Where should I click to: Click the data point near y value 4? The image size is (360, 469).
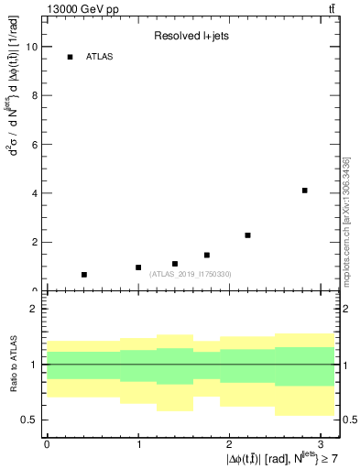(304, 191)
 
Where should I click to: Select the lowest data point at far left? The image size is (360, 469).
(83, 275)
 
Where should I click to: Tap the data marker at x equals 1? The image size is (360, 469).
(138, 267)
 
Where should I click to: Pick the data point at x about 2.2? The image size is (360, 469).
(247, 235)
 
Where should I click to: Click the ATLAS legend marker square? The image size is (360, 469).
(70, 57)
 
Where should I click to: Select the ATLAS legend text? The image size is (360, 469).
(100, 57)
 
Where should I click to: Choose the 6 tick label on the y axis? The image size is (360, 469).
(36, 145)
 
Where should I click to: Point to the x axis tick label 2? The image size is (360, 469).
(230, 443)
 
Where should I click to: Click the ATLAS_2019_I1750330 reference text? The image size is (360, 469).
(190, 274)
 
